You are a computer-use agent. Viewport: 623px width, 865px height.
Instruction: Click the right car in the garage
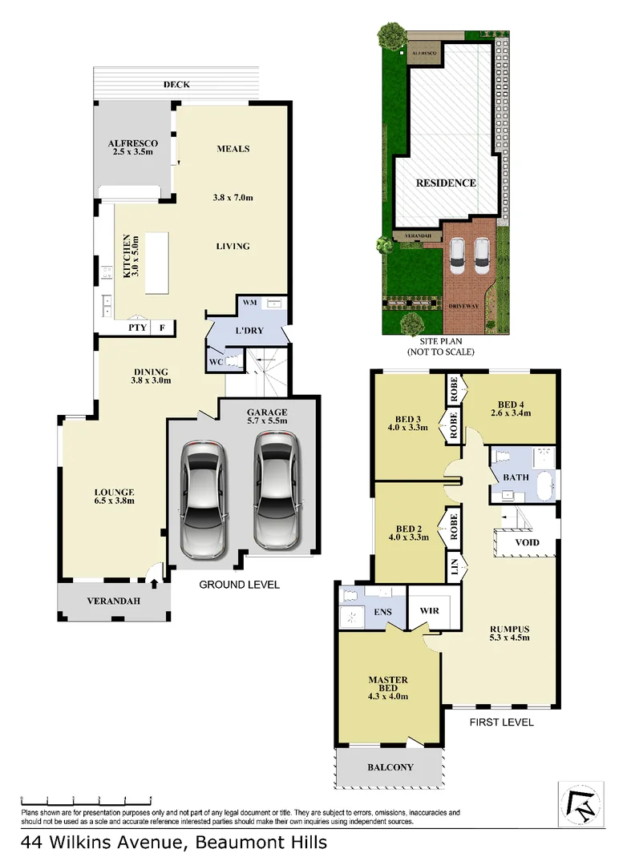(x=275, y=490)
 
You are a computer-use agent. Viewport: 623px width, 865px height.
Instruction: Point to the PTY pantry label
(x=137, y=328)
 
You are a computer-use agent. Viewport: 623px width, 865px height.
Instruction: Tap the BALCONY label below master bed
(x=390, y=767)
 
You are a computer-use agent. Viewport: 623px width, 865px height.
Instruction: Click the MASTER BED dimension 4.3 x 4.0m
(x=388, y=696)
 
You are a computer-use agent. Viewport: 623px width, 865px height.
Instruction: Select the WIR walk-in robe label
(x=430, y=610)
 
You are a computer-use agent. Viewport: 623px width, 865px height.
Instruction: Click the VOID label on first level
(x=526, y=542)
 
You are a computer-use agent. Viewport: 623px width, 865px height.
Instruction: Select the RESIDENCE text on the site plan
(x=446, y=183)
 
